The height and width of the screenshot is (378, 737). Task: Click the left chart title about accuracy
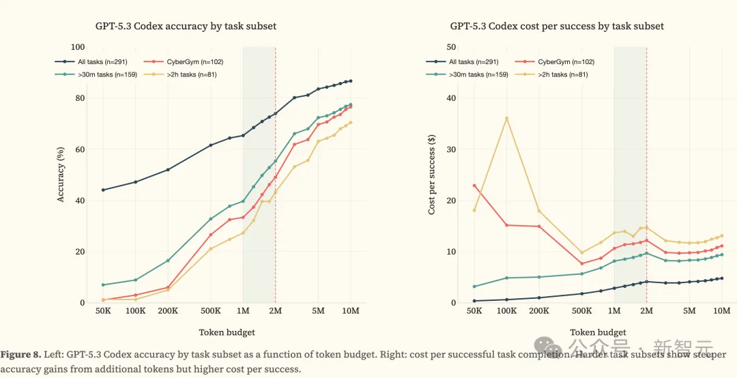click(x=186, y=26)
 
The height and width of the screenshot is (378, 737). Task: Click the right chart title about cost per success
click(x=557, y=26)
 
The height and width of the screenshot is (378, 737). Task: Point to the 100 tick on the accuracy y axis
click(x=78, y=47)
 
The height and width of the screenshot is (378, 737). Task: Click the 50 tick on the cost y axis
click(x=451, y=47)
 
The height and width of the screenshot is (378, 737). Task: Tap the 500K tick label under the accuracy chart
click(x=211, y=312)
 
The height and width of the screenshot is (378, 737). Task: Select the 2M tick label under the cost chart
click(x=646, y=312)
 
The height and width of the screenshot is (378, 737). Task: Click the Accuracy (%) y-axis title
click(x=61, y=175)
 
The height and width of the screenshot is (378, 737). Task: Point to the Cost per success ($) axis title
click(x=432, y=175)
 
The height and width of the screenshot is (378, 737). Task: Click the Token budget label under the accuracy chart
click(x=227, y=332)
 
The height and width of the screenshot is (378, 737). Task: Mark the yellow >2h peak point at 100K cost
click(x=507, y=118)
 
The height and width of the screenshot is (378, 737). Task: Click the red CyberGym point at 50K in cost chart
click(x=474, y=186)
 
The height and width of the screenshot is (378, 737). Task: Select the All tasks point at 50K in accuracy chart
click(x=103, y=190)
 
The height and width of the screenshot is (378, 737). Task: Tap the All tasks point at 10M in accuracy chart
click(x=351, y=81)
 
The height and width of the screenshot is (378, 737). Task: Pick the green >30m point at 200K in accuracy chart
click(x=168, y=261)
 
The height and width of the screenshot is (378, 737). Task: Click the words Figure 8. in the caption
click(x=22, y=355)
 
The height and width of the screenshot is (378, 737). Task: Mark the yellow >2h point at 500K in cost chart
click(x=582, y=252)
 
